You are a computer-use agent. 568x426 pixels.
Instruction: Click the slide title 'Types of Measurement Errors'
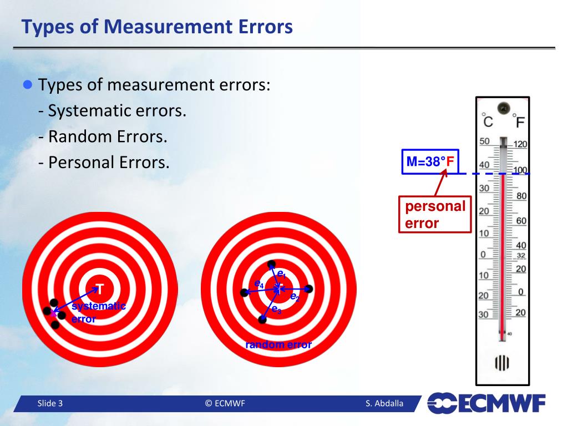pyautogui.click(x=157, y=26)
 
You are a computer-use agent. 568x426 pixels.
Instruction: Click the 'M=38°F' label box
pyautogui.click(x=430, y=162)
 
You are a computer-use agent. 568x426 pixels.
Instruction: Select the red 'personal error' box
pyautogui.click(x=434, y=215)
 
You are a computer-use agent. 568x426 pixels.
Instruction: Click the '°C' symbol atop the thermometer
pyautogui.click(x=487, y=120)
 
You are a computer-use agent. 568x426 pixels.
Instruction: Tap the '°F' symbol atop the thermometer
pyautogui.click(x=520, y=120)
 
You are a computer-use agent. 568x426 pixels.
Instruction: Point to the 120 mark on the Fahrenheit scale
pyautogui.click(x=520, y=144)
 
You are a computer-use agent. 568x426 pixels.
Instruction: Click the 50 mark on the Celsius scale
pyautogui.click(x=484, y=141)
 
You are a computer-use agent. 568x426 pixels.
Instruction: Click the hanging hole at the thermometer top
pyautogui.click(x=503, y=107)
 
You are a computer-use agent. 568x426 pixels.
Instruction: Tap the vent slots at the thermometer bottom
pyautogui.click(x=503, y=363)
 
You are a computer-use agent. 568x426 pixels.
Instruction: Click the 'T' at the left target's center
pyautogui.click(x=100, y=288)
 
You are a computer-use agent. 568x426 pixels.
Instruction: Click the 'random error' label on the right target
pyautogui.click(x=278, y=344)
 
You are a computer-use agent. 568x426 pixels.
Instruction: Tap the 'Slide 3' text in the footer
pyautogui.click(x=50, y=403)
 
